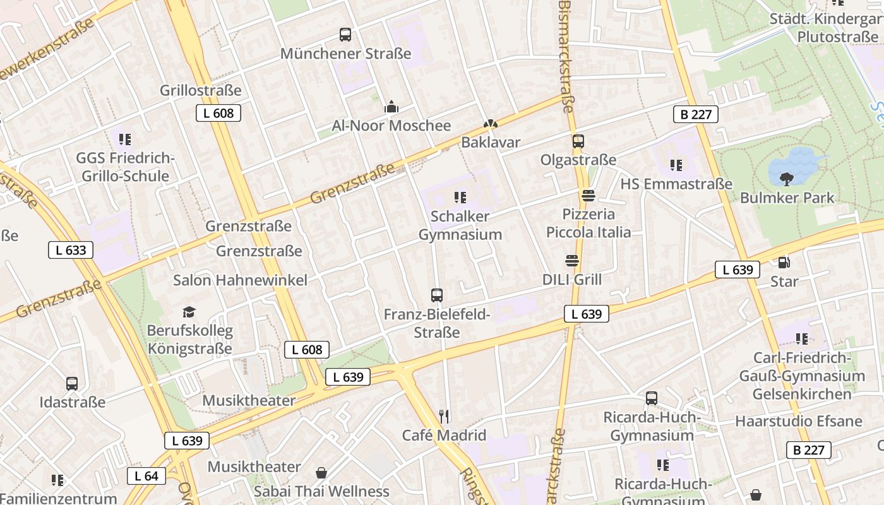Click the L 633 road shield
pyautogui.click(x=71, y=250)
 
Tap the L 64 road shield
pyautogui.click(x=146, y=476)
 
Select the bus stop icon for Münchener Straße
pyautogui.click(x=345, y=35)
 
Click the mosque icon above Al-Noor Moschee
pyautogui.click(x=391, y=107)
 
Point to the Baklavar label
pyautogui.click(x=491, y=143)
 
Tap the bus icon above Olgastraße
pyautogui.click(x=578, y=141)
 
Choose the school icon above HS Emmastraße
pyautogui.click(x=676, y=165)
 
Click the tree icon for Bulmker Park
pyautogui.click(x=787, y=179)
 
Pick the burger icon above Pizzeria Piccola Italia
pyautogui.click(x=588, y=196)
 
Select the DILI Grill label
pyautogui.click(x=572, y=279)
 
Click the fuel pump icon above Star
pyautogui.click(x=784, y=262)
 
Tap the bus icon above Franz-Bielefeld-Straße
pyautogui.click(x=436, y=295)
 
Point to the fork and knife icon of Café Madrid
pyautogui.click(x=444, y=416)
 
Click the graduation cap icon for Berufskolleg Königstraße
pyautogui.click(x=189, y=312)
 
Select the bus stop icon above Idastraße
pyautogui.click(x=72, y=383)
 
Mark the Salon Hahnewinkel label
pyautogui.click(x=240, y=280)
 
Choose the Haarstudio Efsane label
pyautogui.click(x=798, y=421)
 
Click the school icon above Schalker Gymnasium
pyautogui.click(x=460, y=197)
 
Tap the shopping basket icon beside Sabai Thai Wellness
pyautogui.click(x=321, y=472)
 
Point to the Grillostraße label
pyautogui.click(x=200, y=90)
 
